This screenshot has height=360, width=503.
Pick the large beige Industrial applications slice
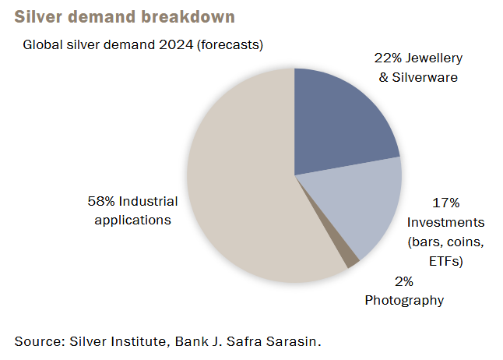[x=244, y=180]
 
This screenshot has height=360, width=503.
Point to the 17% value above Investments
[x=446, y=203]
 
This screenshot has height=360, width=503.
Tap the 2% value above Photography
[x=404, y=281]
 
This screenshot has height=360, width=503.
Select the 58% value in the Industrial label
[x=101, y=201]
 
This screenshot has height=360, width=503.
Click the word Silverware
[x=424, y=77]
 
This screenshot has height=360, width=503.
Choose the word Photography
[x=404, y=301]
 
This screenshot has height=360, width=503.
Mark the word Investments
[x=446, y=222]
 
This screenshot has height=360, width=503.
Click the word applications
[x=133, y=221]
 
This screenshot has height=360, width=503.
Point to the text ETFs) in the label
[x=446, y=261]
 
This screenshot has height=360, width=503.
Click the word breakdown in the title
[x=188, y=16]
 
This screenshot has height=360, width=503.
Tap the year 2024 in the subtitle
[x=176, y=44]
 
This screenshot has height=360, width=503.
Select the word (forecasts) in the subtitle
[x=230, y=45]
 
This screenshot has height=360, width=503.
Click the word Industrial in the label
[x=148, y=201]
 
